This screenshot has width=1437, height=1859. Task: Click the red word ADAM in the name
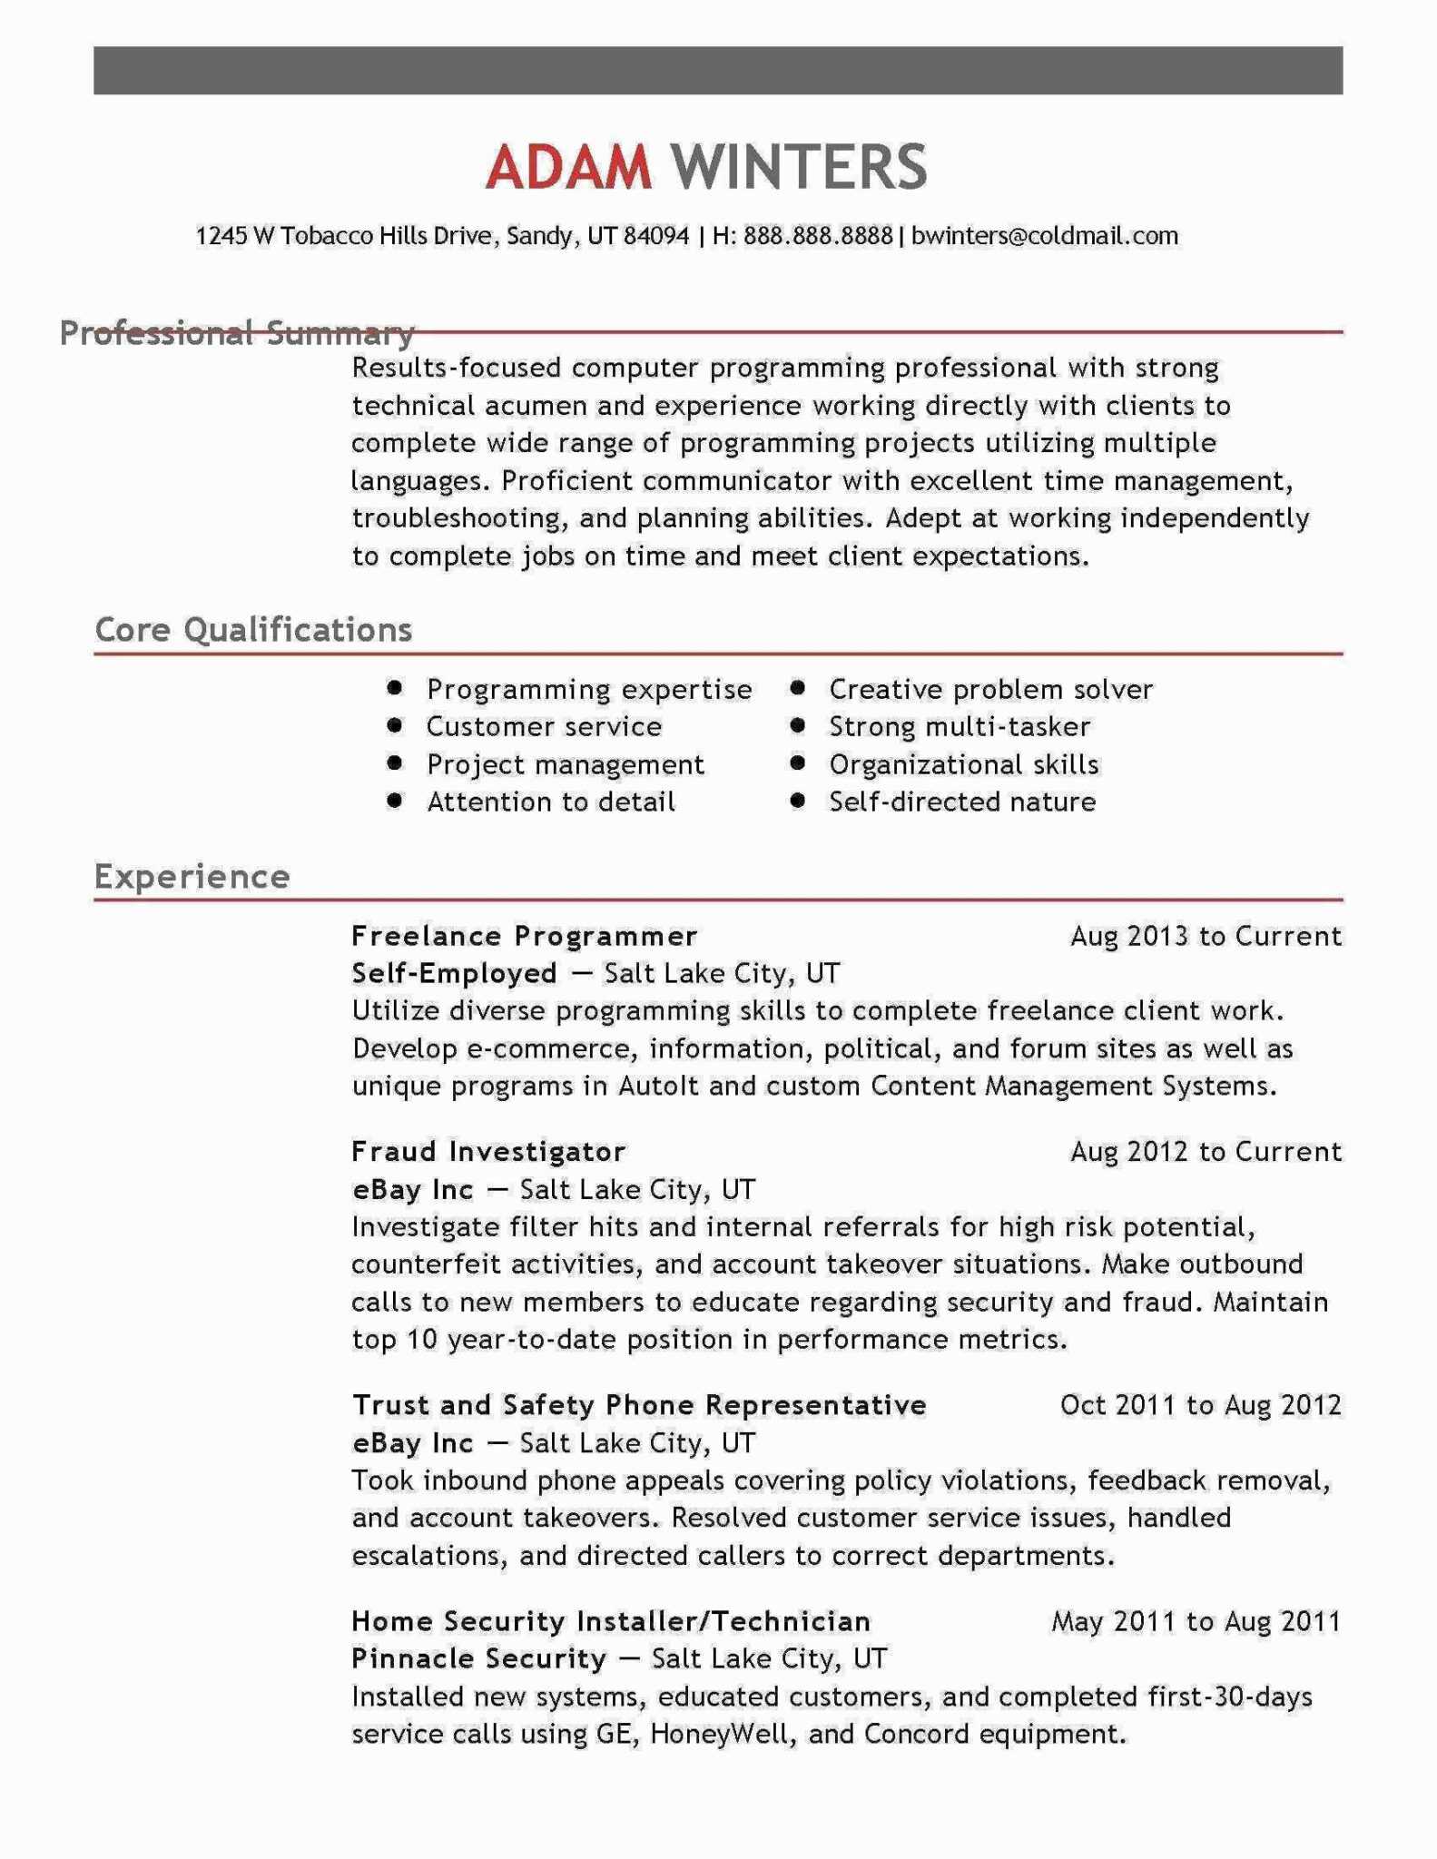(x=568, y=166)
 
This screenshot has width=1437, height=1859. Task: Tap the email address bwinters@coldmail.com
(x=1044, y=236)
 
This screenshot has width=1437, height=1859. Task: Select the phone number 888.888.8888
(x=818, y=236)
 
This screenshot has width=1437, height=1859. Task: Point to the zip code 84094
(x=656, y=236)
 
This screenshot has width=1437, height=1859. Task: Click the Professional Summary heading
(x=237, y=333)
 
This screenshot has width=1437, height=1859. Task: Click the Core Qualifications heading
(x=253, y=629)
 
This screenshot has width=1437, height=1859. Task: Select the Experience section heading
(x=192, y=876)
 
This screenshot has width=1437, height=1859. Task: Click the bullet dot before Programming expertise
(x=394, y=688)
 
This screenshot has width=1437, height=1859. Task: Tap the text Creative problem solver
(x=990, y=689)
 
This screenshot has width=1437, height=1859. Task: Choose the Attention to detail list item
(x=551, y=802)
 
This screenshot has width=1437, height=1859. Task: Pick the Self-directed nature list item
(x=962, y=802)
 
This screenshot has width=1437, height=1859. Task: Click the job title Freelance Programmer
(x=525, y=936)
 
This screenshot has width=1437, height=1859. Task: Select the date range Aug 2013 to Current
(x=1206, y=936)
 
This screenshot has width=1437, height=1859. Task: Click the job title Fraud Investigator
(x=488, y=1152)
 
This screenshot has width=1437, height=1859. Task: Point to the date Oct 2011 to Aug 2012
(x=1200, y=1405)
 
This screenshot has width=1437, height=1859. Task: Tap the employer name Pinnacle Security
(x=478, y=1658)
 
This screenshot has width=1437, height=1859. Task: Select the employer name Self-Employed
(x=454, y=973)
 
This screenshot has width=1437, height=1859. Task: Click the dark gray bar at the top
(x=718, y=71)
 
